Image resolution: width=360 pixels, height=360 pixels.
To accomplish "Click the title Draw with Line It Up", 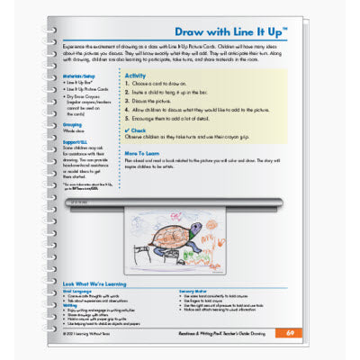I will [x=229, y=30].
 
